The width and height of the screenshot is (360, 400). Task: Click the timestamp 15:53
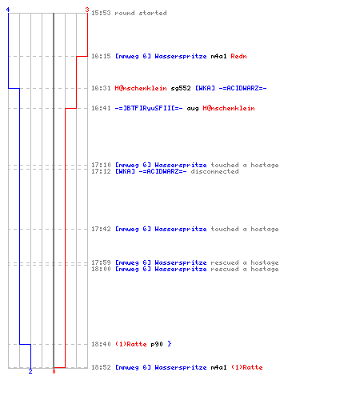(101, 13)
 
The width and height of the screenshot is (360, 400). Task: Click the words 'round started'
(141, 13)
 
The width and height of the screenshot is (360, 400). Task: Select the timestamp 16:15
(101, 56)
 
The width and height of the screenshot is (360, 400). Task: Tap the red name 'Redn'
(238, 56)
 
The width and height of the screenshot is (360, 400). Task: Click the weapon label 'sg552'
(181, 88)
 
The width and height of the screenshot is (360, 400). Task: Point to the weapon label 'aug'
(193, 109)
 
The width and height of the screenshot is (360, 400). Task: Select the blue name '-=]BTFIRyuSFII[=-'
(149, 108)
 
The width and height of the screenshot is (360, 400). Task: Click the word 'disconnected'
(214, 171)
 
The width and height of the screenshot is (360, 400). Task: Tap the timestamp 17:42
(101, 229)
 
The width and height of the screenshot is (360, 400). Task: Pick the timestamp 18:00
(101, 269)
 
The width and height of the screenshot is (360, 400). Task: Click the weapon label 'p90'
(157, 344)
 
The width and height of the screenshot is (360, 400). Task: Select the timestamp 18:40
(101, 344)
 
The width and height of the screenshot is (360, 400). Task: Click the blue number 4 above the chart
(8, 10)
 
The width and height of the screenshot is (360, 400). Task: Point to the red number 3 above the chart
(87, 10)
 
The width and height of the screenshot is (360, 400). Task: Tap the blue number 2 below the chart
(30, 371)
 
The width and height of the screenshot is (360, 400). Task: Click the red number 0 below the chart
(54, 371)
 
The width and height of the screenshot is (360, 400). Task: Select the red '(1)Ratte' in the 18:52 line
(246, 367)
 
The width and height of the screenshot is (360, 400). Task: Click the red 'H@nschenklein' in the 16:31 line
(141, 88)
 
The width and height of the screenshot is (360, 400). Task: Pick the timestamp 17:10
(101, 165)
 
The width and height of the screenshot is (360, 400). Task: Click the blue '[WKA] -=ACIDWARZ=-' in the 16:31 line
(231, 88)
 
